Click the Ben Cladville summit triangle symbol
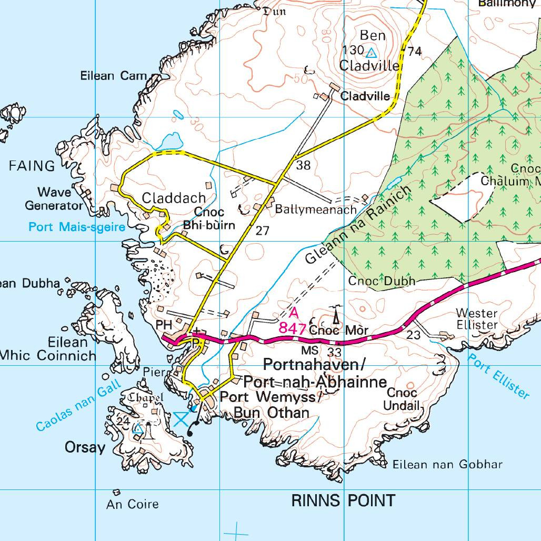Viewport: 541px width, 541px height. (372, 53)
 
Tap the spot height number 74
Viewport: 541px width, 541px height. (415, 51)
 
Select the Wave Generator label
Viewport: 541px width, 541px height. (54, 199)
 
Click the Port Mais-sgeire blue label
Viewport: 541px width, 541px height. (77, 227)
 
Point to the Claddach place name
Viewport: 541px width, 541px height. (174, 198)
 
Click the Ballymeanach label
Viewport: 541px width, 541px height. (316, 209)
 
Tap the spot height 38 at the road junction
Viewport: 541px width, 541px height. (303, 166)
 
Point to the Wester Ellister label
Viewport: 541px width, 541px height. (476, 319)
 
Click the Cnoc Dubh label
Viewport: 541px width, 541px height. (382, 281)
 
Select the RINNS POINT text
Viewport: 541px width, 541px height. (343, 500)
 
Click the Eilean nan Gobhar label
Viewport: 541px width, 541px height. (447, 464)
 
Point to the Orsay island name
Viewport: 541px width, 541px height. (85, 448)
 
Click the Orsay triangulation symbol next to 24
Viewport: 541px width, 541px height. (138, 429)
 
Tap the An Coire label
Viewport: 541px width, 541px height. (132, 504)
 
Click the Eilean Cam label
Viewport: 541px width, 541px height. (113, 76)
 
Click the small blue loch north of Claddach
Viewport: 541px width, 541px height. (170, 141)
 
